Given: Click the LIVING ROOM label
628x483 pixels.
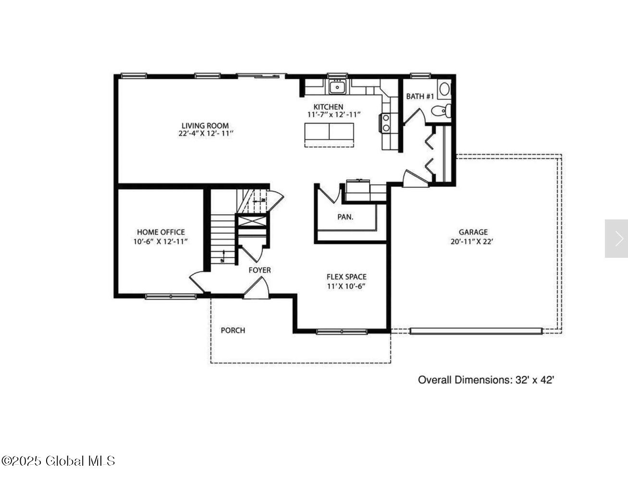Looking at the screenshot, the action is (205, 126).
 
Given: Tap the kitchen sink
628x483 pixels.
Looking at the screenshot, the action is (337, 87).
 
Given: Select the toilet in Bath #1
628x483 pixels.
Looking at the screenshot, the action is (441, 110).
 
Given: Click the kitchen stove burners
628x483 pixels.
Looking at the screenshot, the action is (386, 122).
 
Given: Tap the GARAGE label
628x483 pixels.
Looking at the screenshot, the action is (473, 232).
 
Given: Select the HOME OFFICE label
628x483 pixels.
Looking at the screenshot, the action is (160, 232).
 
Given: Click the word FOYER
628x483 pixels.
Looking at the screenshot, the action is (260, 270).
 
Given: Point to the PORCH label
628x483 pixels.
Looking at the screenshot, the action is (233, 330).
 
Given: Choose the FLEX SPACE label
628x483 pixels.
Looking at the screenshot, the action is (346, 277).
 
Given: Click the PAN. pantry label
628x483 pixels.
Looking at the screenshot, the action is (345, 217).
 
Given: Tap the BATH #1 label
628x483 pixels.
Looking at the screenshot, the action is (420, 97).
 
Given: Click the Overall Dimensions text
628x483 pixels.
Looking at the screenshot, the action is (486, 380).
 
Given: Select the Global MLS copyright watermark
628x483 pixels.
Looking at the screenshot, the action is (58, 461).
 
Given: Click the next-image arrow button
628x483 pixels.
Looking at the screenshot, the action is (616, 239).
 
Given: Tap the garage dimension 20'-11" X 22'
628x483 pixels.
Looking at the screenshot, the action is (472, 241).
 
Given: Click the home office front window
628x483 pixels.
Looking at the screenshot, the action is (171, 297).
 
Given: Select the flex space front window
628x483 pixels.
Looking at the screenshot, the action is (342, 331).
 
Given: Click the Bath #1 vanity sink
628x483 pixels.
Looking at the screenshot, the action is (445, 89).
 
